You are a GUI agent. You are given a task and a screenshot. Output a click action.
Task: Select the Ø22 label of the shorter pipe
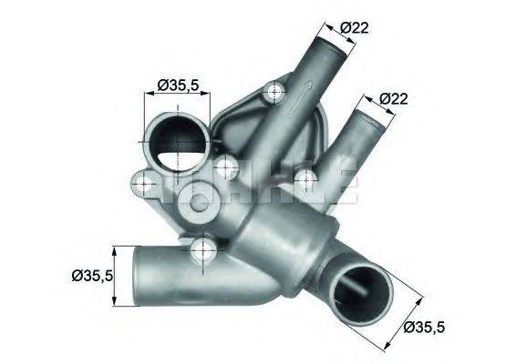tap(394, 98)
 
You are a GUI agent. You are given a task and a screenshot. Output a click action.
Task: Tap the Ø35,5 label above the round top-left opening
tap(178, 85)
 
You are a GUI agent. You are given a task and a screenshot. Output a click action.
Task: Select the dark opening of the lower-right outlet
tap(358, 289)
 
